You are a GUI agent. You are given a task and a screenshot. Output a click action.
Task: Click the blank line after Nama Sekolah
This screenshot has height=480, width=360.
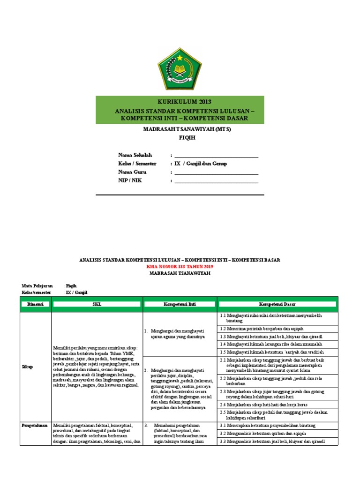point(216,155)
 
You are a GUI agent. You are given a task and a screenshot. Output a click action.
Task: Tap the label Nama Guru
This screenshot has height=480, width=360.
point(133,172)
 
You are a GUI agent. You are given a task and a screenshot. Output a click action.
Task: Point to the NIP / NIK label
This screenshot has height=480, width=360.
point(130,180)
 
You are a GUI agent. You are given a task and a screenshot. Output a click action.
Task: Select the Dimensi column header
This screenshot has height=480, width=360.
point(35,304)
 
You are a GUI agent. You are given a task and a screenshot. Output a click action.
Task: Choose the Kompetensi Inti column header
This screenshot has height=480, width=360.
point(180,304)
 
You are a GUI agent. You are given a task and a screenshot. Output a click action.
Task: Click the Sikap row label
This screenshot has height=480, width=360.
point(27,367)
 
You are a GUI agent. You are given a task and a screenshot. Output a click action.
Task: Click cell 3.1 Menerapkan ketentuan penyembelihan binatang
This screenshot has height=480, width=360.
point(268,426)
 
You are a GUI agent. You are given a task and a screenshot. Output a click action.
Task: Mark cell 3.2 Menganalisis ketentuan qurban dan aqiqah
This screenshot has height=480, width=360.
point(261,434)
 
